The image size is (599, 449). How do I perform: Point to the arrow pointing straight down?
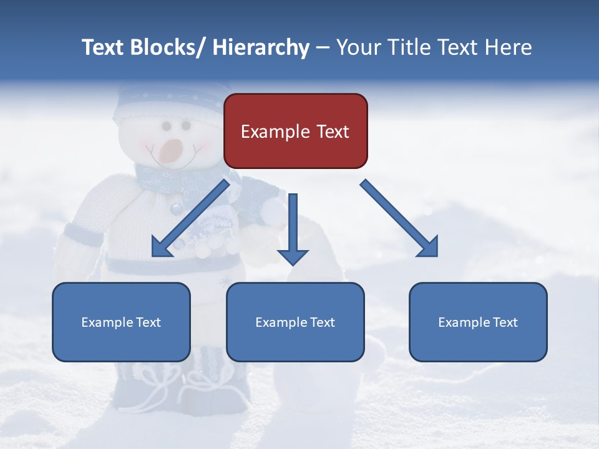[293, 228]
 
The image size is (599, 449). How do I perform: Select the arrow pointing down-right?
[399, 218]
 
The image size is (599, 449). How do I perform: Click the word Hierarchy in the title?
[261, 47]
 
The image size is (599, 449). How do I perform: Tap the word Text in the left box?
[148, 322]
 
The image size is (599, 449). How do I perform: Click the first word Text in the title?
[104, 47]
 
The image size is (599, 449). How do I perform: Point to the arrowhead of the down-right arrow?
[427, 246]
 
